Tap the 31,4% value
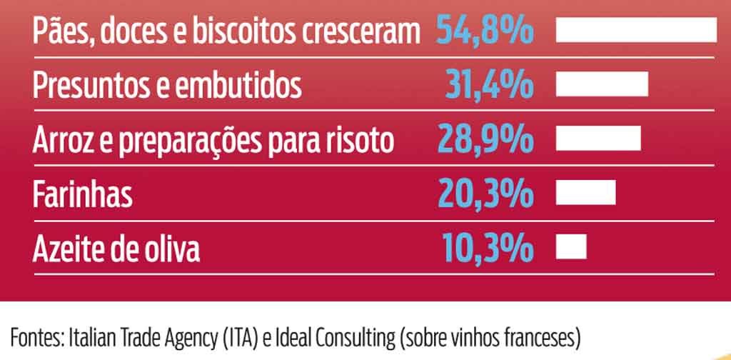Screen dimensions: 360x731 490,85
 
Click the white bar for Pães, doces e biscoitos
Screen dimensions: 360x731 635,31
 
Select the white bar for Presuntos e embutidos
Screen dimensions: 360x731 602,84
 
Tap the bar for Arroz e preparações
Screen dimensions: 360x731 598,139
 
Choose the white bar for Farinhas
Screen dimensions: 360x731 585,193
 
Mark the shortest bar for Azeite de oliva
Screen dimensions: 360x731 571,247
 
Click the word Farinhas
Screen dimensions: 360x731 82,194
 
